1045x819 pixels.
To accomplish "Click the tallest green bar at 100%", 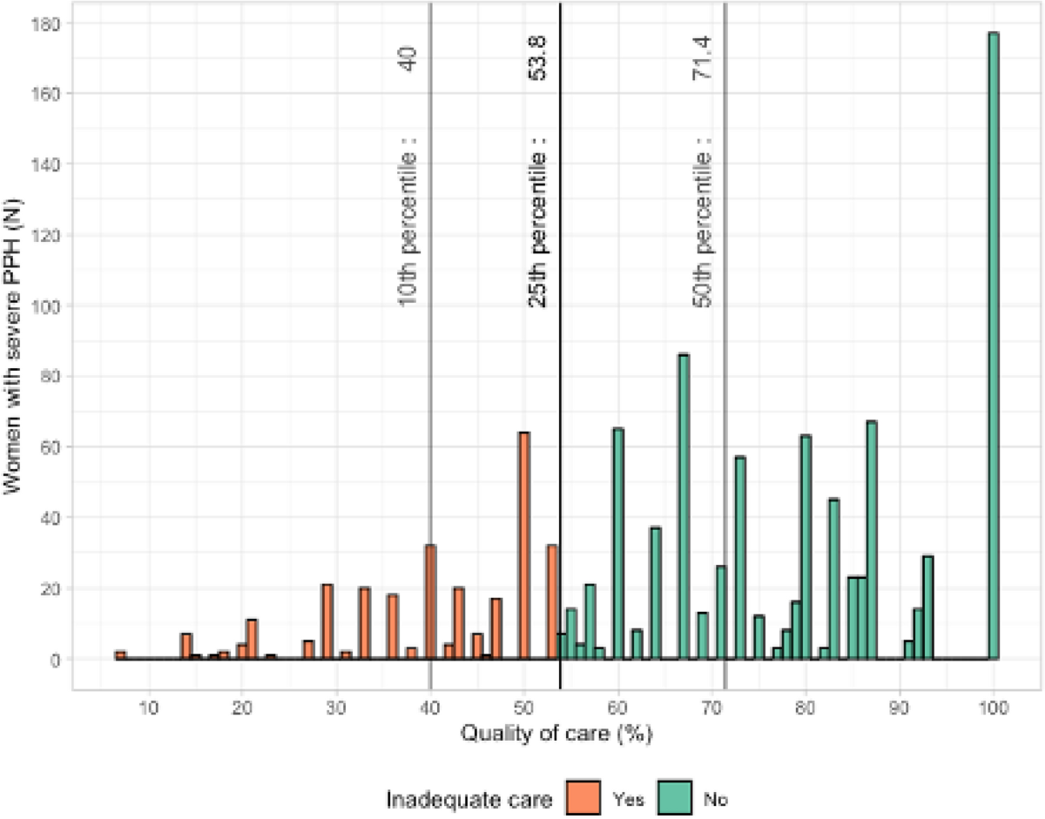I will [x=993, y=348].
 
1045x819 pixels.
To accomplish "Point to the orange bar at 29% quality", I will [x=327, y=622].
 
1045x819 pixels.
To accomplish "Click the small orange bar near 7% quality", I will [x=120, y=655].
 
